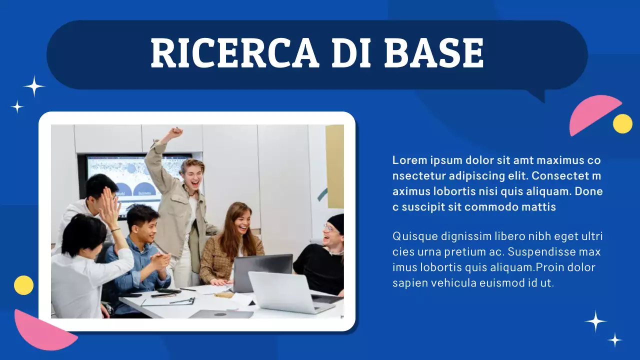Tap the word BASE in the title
(434, 53)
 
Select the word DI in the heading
(350, 53)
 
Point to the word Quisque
(415, 236)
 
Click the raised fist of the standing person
(174, 133)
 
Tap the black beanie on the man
(336, 222)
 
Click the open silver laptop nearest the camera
(290, 292)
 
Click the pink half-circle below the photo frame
(42, 330)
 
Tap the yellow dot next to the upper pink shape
(622, 123)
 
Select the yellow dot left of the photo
(23, 285)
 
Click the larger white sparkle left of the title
(34, 86)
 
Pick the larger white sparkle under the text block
(595, 321)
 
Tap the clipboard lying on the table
(167, 301)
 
